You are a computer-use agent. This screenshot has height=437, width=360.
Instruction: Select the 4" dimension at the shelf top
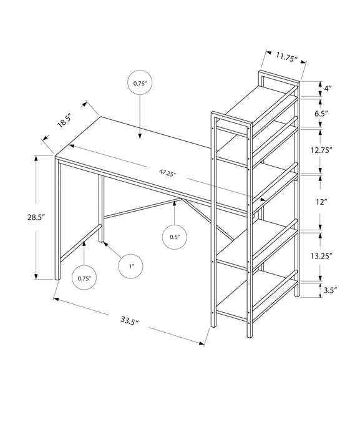(x=328, y=89)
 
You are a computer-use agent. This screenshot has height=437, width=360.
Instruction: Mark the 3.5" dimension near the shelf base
(x=331, y=290)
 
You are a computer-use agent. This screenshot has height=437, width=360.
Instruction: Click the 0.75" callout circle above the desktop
(x=139, y=83)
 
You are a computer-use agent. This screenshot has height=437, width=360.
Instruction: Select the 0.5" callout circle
(x=175, y=237)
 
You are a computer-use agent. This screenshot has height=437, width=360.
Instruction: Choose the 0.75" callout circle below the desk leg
(x=84, y=278)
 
